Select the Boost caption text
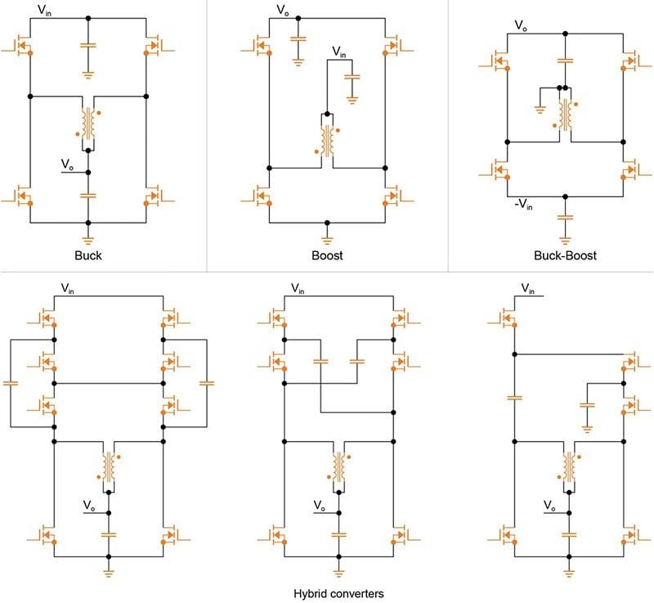pyautogui.click(x=327, y=255)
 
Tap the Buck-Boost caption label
pyautogui.click(x=566, y=255)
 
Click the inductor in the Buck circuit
pyautogui.click(x=87, y=123)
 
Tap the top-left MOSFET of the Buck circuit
pyautogui.click(x=23, y=46)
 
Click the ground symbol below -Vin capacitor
pyautogui.click(x=565, y=236)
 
